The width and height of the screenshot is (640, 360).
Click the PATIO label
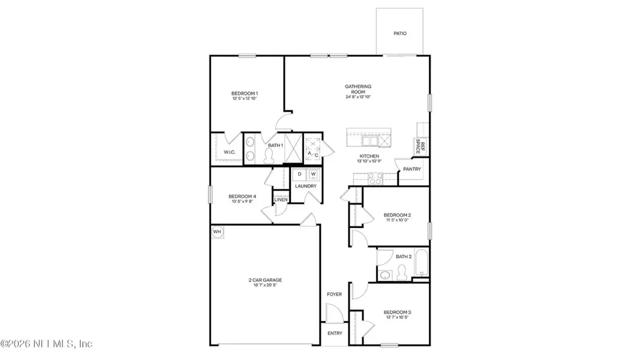coord(399,34)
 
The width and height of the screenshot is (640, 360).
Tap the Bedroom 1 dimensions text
coord(244,99)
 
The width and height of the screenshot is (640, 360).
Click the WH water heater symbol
coord(217,232)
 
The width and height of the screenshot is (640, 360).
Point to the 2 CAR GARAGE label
coord(265,280)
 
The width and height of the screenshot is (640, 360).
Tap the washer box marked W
coord(313,175)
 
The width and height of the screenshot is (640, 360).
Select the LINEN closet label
coord(281,199)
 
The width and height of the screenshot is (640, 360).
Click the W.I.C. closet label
coord(230,152)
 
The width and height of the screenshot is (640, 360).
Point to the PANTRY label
coord(412,169)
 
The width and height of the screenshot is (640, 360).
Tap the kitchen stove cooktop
coord(375,178)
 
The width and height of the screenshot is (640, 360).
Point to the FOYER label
coord(334,295)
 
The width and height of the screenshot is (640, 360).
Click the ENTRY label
coord(334,334)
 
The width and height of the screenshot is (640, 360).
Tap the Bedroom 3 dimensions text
coord(396,319)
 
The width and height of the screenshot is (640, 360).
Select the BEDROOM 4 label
coord(242,196)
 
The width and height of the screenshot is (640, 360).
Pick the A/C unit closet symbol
coord(313,148)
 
